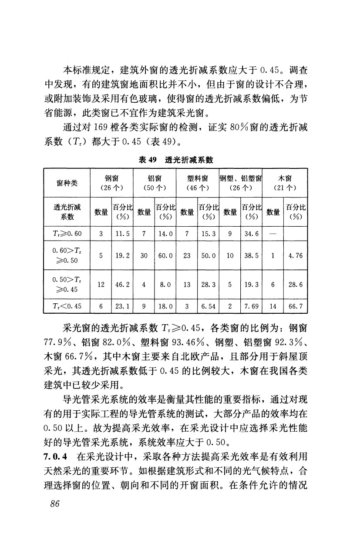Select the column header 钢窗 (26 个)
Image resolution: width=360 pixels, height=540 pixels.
tap(112, 183)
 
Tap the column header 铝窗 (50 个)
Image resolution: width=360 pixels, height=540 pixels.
tap(155, 183)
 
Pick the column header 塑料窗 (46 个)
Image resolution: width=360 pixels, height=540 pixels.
tap(197, 183)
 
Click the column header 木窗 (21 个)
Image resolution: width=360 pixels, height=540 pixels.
tap(285, 183)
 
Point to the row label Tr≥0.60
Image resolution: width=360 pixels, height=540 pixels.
tap(66, 235)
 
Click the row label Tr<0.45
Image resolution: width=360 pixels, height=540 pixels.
tap(66, 306)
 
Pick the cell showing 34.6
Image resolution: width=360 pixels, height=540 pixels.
tap(252, 235)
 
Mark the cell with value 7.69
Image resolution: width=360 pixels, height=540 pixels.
tap(252, 306)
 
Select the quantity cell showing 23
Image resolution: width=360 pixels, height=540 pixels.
tap(187, 256)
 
